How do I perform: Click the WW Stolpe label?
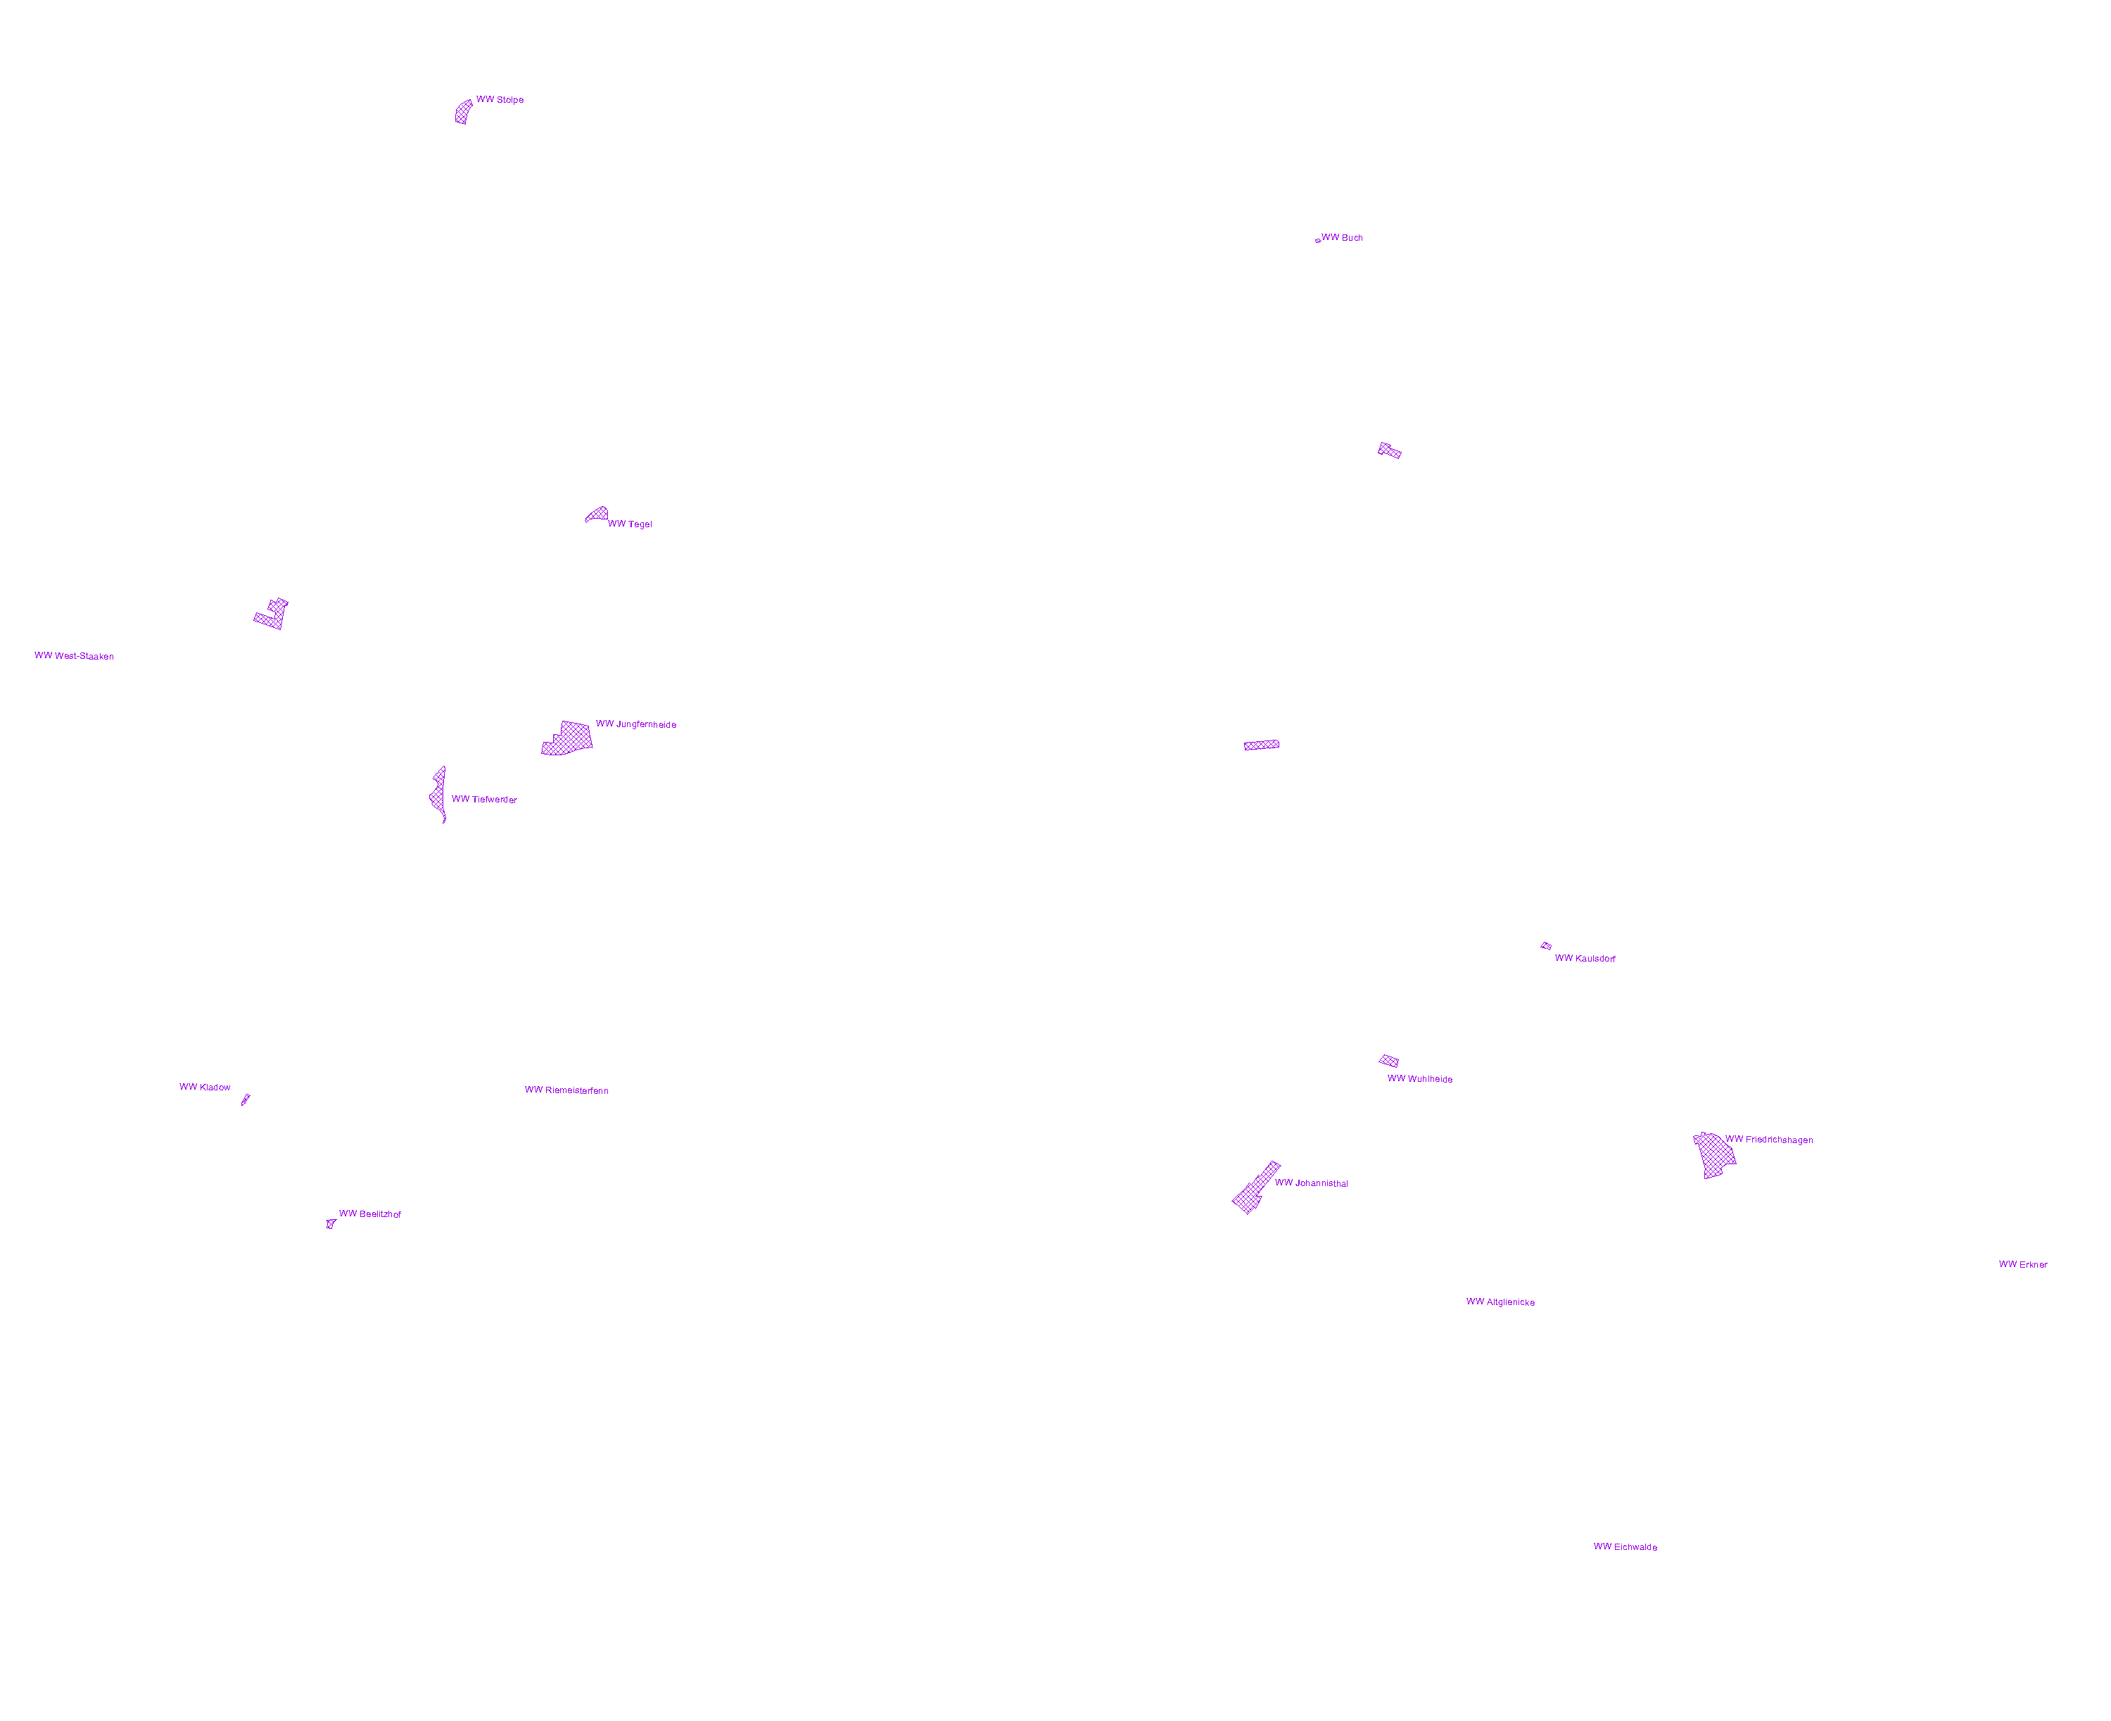(x=500, y=100)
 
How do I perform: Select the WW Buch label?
(x=1342, y=238)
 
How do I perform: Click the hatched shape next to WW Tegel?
(x=597, y=514)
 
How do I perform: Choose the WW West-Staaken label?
(x=75, y=656)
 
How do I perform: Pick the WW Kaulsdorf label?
(x=1585, y=959)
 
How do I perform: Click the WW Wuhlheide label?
(x=1419, y=1078)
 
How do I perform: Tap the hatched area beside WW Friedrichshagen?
(x=1715, y=1155)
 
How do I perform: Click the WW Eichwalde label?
(x=1625, y=1546)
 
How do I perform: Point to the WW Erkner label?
(x=2023, y=1265)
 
